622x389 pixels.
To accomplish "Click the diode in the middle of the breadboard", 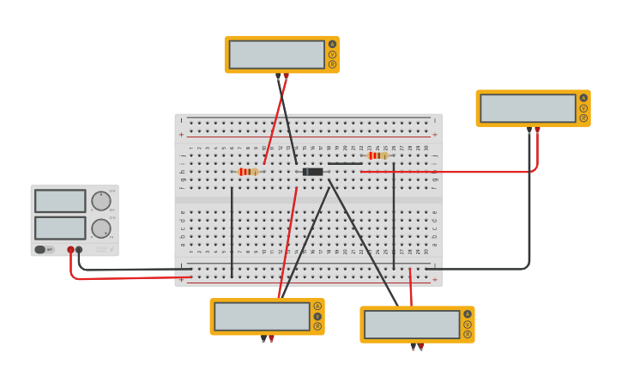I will pyautogui.click(x=313, y=172).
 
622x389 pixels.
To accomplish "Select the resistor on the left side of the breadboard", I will pyautogui.click(x=248, y=172).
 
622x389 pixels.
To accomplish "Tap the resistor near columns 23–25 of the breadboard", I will pyautogui.click(x=376, y=155).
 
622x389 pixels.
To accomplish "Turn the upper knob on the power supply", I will pyautogui.click(x=101, y=201).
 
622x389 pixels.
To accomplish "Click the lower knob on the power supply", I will pyautogui.click(x=101, y=228).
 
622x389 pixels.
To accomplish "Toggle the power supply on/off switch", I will pyautogui.click(x=40, y=250).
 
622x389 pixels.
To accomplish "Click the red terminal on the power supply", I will pyautogui.click(x=70, y=250).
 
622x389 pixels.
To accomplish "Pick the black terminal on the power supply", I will pyautogui.click(x=79, y=250).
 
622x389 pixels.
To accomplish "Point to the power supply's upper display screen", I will pyautogui.click(x=60, y=201).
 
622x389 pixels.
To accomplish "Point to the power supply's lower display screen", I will pyautogui.click(x=60, y=228).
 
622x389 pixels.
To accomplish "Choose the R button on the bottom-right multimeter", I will pyautogui.click(x=468, y=335).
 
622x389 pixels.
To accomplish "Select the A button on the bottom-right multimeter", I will pyautogui.click(x=468, y=314).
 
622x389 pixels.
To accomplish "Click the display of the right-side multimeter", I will pyautogui.click(x=528, y=108).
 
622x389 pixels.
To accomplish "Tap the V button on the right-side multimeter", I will pyautogui.click(x=583, y=108).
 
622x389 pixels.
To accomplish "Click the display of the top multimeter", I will pyautogui.click(x=276, y=54).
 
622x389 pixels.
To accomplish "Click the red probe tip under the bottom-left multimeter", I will pyautogui.click(x=272, y=339).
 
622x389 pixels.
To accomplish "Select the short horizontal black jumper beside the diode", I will pyautogui.click(x=345, y=163).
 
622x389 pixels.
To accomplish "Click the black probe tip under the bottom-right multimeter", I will pyautogui.click(x=413, y=348).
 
